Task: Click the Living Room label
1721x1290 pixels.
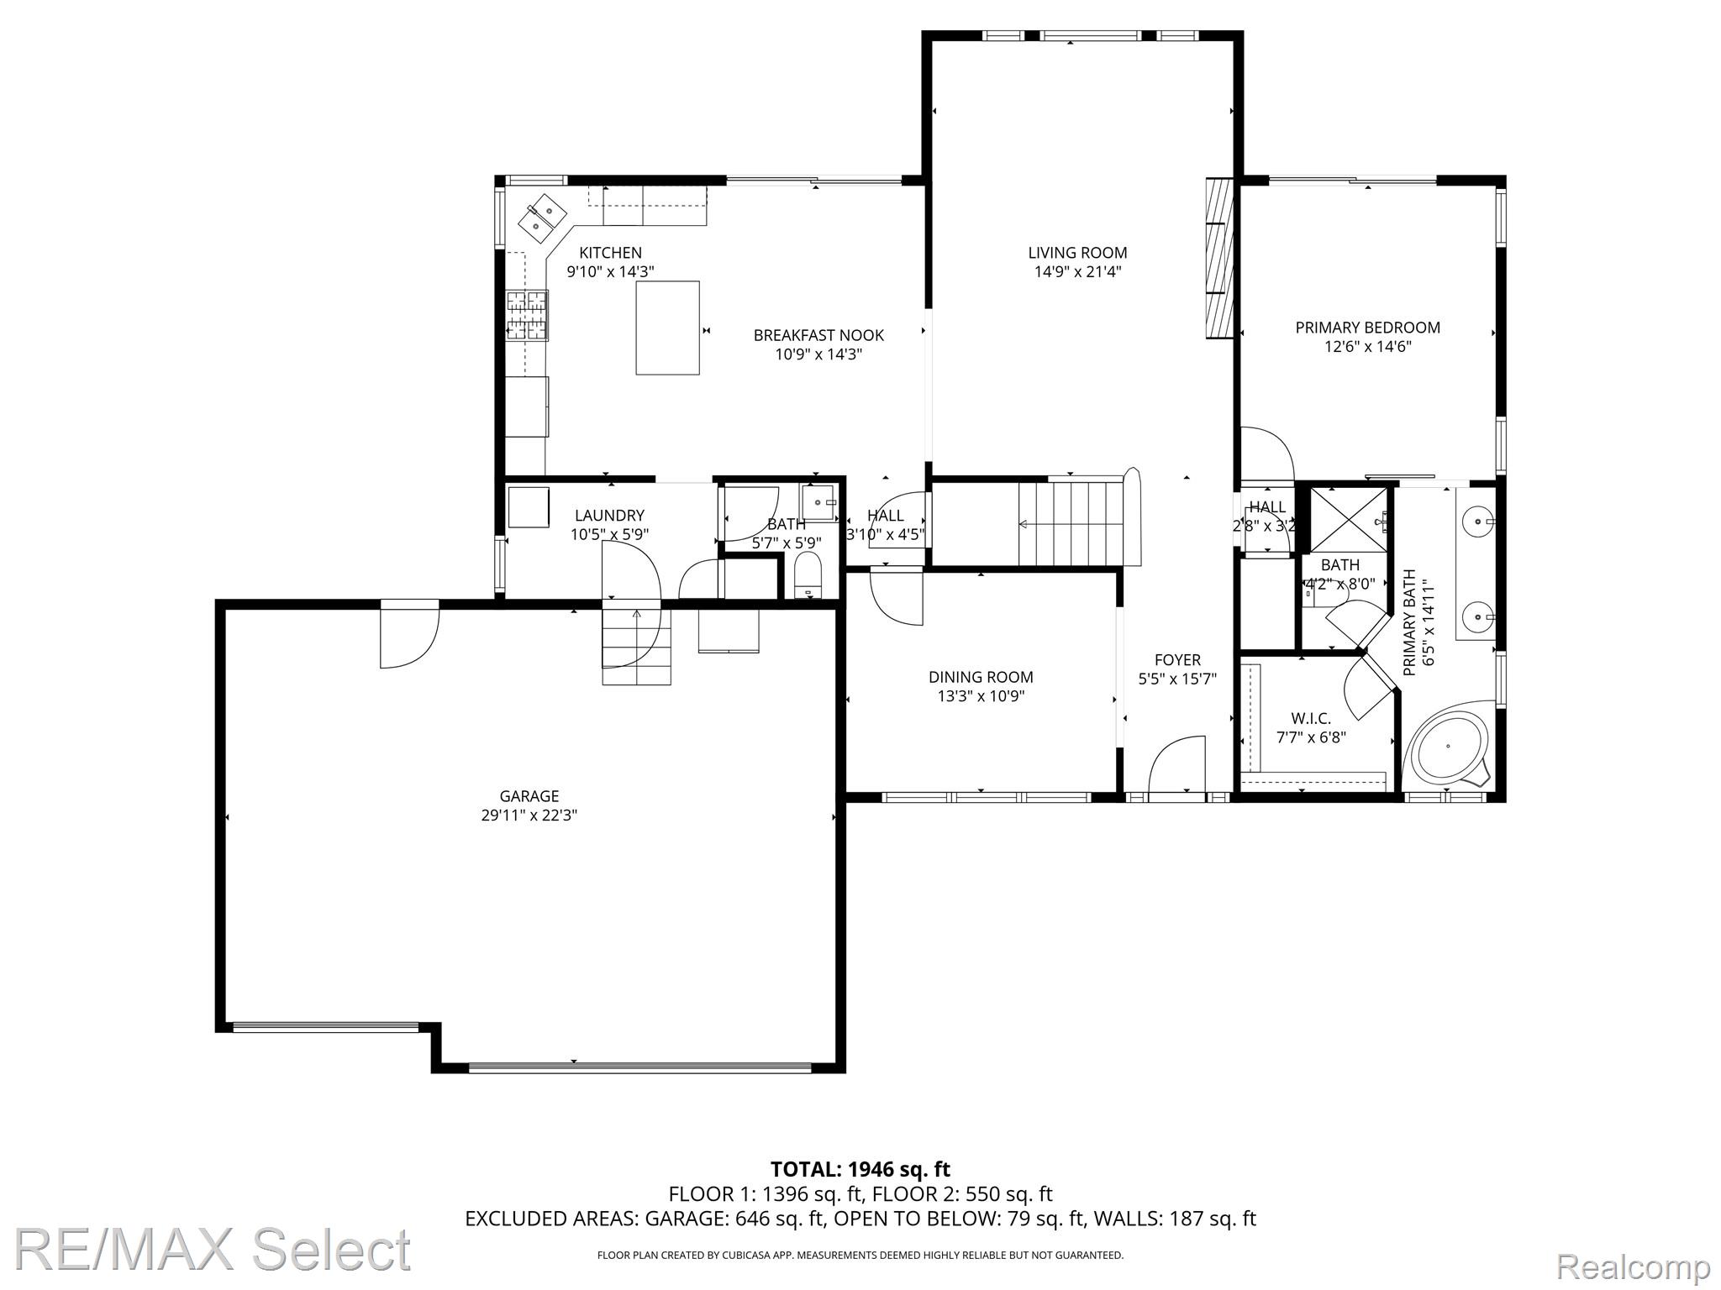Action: point(1077,253)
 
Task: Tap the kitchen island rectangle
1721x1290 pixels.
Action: point(667,328)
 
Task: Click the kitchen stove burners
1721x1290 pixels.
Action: point(527,315)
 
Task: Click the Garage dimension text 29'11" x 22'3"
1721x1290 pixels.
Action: point(529,815)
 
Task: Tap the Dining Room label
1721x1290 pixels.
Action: point(981,677)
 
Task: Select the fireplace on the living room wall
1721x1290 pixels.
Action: point(1219,258)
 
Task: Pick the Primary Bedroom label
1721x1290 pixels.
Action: point(1367,328)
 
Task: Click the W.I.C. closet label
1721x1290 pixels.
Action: point(1311,719)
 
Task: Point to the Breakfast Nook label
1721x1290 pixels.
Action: point(818,335)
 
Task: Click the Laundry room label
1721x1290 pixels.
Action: point(609,516)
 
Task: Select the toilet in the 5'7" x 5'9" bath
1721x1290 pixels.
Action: point(808,574)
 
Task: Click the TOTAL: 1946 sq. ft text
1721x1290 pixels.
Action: point(860,1169)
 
